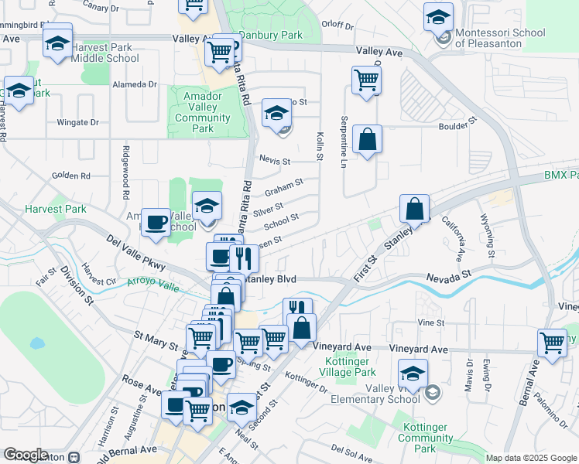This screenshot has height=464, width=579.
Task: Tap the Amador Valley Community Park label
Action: pyautogui.click(x=203, y=112)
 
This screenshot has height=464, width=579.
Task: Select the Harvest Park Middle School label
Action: pyautogui.click(x=105, y=52)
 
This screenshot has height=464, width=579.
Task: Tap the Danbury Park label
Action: pyautogui.click(x=270, y=35)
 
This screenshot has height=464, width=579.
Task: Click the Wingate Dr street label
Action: pyautogui.click(x=78, y=122)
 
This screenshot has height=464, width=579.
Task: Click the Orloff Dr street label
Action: pyautogui.click(x=337, y=24)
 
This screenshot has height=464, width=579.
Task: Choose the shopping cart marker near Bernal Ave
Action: pyautogui.click(x=552, y=342)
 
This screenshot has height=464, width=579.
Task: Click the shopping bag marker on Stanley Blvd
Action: pyautogui.click(x=415, y=208)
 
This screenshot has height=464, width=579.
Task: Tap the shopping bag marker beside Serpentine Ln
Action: pyautogui.click(x=367, y=140)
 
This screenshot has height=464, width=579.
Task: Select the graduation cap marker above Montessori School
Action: pyautogui.click(x=438, y=16)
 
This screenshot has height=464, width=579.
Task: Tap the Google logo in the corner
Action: pyautogui.click(x=25, y=455)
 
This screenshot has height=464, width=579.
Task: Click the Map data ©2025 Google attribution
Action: pyautogui.click(x=530, y=458)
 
